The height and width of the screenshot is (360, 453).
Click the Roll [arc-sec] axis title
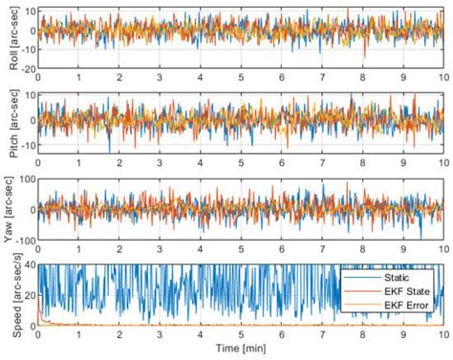[8, 38]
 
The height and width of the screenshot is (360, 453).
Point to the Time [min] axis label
[240, 350]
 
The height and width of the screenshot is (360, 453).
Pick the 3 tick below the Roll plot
[159, 77]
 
